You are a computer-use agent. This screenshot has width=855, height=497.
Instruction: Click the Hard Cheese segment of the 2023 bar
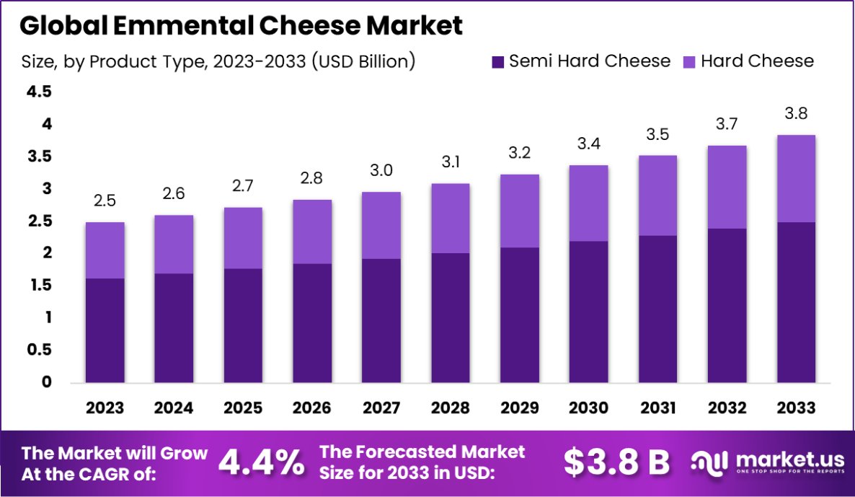click(x=105, y=250)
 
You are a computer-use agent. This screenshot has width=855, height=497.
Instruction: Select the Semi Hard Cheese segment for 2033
click(x=796, y=302)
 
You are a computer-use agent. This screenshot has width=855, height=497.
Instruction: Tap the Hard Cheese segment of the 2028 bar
click(x=451, y=219)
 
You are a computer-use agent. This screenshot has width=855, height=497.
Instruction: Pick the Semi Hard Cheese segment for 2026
click(x=312, y=323)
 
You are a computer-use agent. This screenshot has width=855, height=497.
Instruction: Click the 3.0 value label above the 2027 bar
click(x=381, y=170)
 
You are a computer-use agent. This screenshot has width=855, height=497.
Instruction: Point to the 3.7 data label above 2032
click(x=727, y=125)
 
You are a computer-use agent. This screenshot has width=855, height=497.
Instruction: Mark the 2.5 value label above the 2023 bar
click(x=105, y=201)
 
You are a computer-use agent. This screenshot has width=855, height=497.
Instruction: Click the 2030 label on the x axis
click(x=588, y=408)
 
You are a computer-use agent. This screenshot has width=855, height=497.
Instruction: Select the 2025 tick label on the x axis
click(x=243, y=408)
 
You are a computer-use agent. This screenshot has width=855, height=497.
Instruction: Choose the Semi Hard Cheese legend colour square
click(x=497, y=61)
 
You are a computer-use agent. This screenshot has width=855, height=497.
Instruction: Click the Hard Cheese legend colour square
click(x=688, y=61)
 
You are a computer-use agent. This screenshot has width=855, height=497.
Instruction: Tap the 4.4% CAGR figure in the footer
click(x=261, y=462)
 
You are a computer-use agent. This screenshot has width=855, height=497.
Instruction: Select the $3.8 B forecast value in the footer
click(x=616, y=462)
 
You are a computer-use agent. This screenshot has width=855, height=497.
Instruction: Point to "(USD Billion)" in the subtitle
click(x=363, y=61)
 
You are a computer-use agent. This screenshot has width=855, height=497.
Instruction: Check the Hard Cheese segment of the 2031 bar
click(x=657, y=195)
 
